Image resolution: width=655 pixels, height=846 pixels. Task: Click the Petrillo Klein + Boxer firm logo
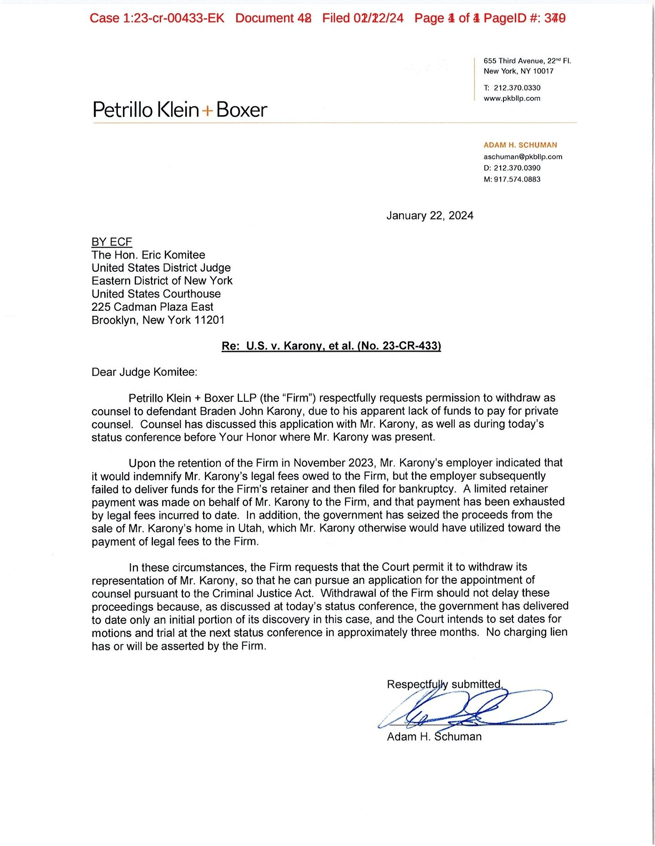[180, 110]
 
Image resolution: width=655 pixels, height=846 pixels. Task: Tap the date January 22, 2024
[430, 216]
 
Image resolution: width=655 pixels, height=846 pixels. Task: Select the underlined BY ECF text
[112, 242]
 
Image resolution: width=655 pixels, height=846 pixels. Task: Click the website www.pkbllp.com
[512, 98]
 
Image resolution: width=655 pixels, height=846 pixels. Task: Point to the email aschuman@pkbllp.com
[523, 157]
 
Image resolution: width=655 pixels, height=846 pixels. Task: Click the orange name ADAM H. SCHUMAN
[520, 145]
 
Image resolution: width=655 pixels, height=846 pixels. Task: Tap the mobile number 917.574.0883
[517, 179]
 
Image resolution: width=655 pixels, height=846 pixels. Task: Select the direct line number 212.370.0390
[517, 168]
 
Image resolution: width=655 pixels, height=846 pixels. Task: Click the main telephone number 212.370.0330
[517, 88]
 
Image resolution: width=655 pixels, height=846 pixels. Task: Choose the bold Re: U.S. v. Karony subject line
[331, 346]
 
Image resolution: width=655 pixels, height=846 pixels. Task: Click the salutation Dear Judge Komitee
[144, 372]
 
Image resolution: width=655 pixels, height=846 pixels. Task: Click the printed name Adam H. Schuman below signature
[434, 737]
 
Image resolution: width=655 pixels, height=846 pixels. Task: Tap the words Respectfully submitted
[444, 684]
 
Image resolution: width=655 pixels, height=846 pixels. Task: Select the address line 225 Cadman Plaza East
[152, 307]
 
